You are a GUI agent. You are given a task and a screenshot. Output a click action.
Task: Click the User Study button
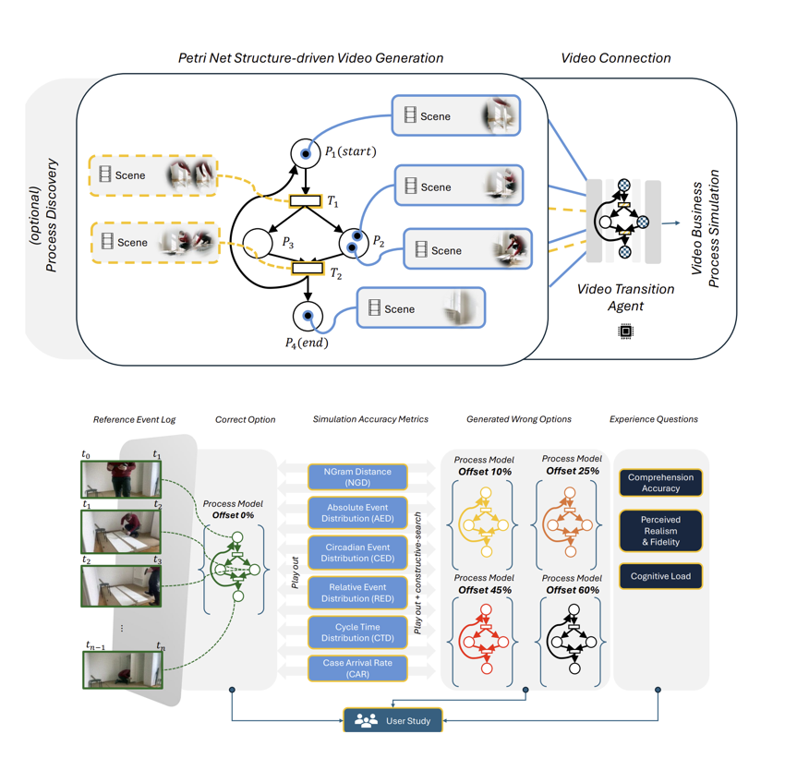click(392, 720)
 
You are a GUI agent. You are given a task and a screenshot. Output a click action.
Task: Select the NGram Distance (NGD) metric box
click(357, 477)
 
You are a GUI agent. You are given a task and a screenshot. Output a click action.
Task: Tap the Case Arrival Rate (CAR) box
click(357, 668)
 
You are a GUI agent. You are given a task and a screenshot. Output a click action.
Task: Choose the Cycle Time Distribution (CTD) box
click(357, 632)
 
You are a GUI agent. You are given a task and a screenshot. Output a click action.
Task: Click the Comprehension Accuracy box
click(660, 483)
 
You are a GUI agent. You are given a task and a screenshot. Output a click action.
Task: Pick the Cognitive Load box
click(660, 576)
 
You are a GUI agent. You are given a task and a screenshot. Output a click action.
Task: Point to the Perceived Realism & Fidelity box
click(660, 532)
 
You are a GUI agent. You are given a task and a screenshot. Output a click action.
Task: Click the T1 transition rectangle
click(306, 200)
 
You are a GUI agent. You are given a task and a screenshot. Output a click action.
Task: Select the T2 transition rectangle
click(308, 269)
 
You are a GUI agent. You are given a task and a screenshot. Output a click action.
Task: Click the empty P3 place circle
click(259, 243)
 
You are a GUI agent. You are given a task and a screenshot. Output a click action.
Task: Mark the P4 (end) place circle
click(308, 317)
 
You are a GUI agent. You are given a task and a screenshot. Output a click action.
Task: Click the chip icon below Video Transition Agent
click(625, 331)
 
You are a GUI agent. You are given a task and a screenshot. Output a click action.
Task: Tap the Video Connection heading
click(616, 58)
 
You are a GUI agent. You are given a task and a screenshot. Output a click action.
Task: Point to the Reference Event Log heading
click(135, 419)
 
